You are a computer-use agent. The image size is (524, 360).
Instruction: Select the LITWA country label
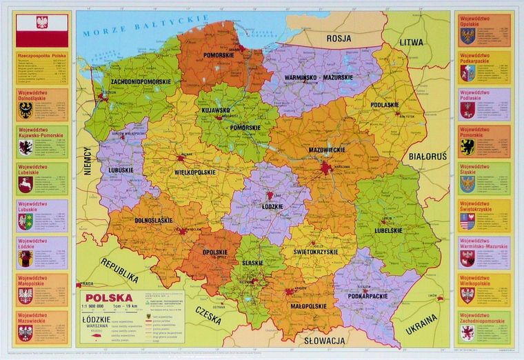(413, 41)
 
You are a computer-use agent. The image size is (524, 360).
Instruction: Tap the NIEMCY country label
(88, 161)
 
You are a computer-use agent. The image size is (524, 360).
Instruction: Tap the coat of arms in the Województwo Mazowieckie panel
(26, 334)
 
